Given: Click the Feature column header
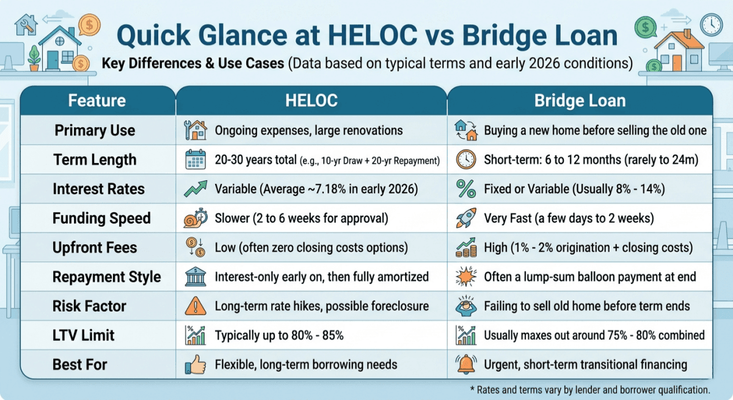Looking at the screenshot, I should pos(97,100).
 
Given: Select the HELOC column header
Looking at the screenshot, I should pos(311,100).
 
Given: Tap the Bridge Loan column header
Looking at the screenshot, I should pos(580,100).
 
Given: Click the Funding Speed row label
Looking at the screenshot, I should pos(101,219).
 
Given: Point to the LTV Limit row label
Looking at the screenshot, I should pos(84,335).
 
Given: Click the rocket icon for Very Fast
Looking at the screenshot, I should pos(466,219).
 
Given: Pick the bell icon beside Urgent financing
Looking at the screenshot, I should pos(466,365).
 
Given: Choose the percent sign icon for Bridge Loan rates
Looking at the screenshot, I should pos(466,189).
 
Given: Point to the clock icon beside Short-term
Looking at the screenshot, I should pos(466,160).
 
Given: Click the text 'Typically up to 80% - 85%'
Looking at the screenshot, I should pos(279,335).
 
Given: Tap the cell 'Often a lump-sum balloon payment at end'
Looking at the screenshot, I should pos(589,277).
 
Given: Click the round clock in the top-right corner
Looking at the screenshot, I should pos(711,24).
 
